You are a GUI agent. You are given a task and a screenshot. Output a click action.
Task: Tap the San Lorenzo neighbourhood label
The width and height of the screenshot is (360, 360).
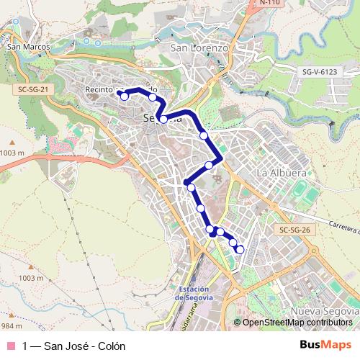[x=199, y=48]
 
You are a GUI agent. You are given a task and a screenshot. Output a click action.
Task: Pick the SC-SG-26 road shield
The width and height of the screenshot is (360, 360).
[x=294, y=230]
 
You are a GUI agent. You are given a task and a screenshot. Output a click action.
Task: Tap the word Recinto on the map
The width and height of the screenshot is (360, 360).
[x=99, y=89]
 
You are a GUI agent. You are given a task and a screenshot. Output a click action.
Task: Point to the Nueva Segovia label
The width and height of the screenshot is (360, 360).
[x=323, y=310]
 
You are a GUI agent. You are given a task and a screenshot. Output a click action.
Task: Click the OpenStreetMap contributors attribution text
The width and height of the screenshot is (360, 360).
[x=295, y=323]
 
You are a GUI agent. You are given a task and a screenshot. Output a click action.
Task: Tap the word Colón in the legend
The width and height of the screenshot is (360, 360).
[x=100, y=346]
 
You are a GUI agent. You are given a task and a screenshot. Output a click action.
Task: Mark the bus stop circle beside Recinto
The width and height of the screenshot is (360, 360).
[x=124, y=96]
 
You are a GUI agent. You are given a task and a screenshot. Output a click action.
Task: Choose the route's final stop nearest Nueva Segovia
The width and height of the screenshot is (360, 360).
[x=240, y=249]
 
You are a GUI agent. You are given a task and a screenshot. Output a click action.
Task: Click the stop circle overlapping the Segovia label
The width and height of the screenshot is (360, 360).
[x=164, y=119]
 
